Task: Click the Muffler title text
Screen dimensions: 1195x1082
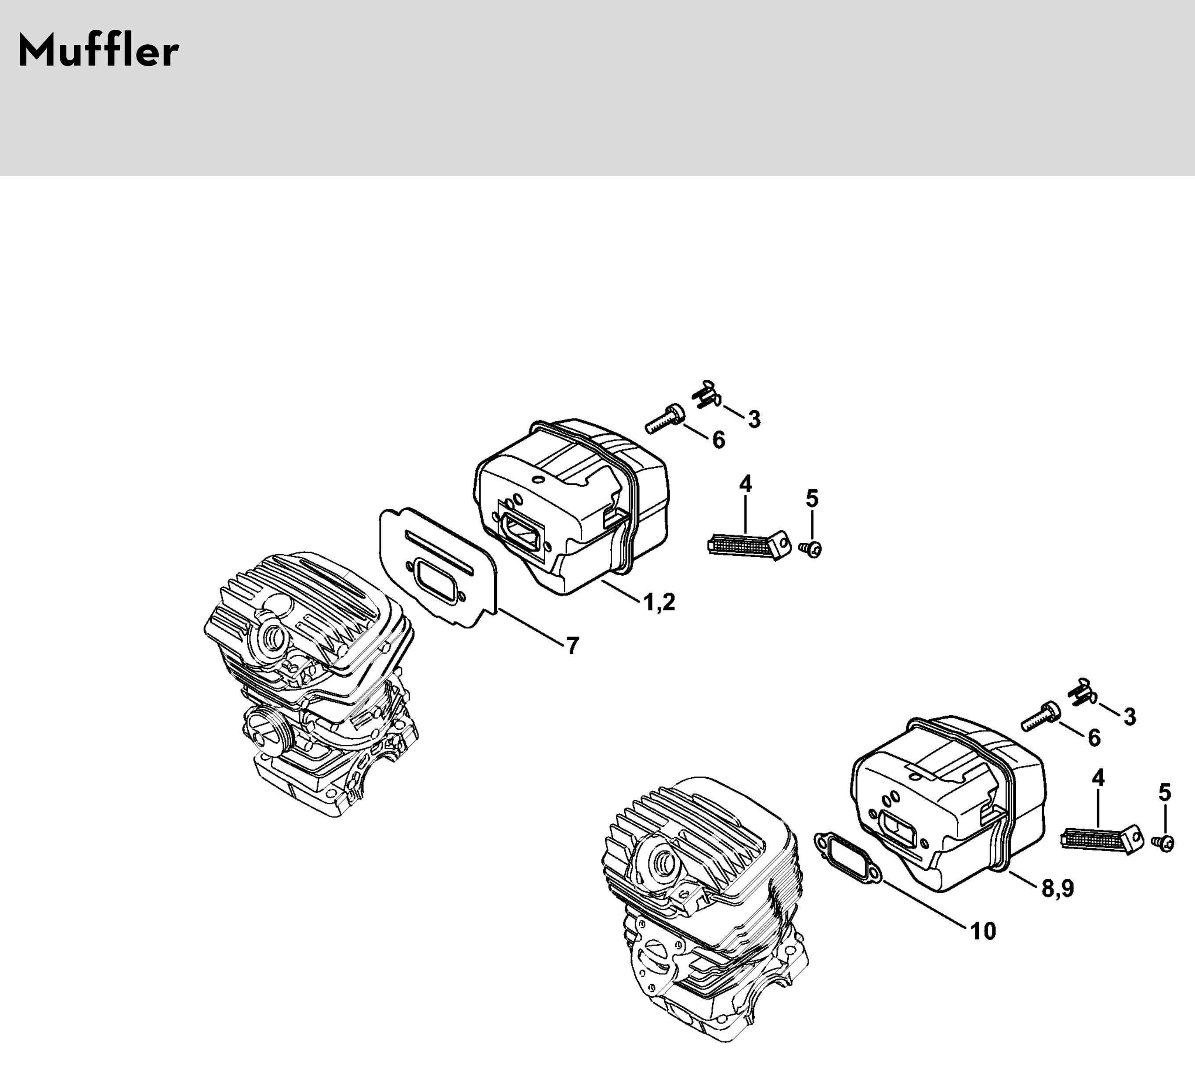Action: coord(98,51)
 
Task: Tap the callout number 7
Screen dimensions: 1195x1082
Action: coord(572,646)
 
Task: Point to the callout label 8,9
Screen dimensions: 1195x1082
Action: coord(1058,889)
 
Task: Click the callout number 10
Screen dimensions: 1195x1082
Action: coord(983,931)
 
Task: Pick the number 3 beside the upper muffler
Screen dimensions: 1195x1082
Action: coord(753,419)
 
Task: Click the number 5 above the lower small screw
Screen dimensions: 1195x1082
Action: coord(1165,792)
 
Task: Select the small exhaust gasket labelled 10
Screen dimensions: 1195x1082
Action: coord(848,858)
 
